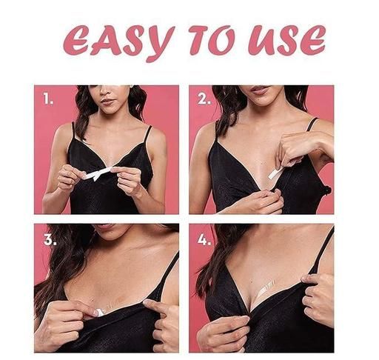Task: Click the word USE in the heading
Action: tap(287, 41)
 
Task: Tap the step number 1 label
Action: tap(48, 99)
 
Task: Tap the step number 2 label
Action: tap(204, 99)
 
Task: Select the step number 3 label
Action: tap(50, 239)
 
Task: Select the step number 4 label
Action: tap(204, 239)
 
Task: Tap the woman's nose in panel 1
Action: tap(106, 91)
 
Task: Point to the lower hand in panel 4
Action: tap(223, 333)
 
